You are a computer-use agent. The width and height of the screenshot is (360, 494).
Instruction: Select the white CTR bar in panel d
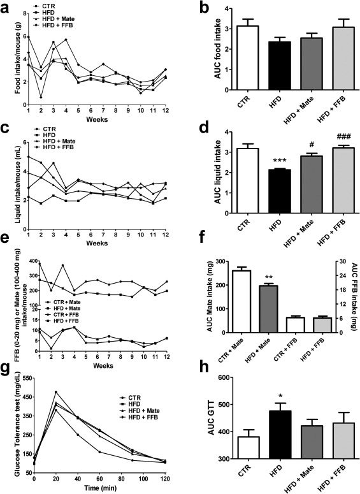(248, 181)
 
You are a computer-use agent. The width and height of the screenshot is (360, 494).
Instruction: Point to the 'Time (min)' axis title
(100, 488)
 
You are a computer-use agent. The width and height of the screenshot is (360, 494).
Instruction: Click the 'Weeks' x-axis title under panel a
(97, 119)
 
